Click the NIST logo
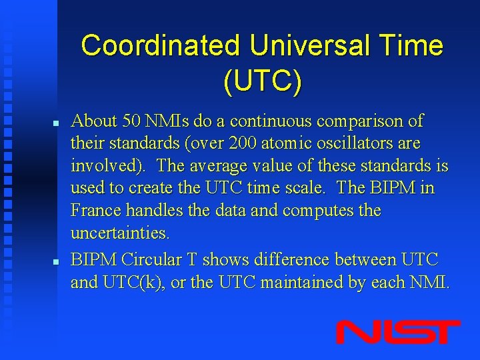(x=398, y=331)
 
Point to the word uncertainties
(x=121, y=234)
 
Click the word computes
(x=318, y=211)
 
